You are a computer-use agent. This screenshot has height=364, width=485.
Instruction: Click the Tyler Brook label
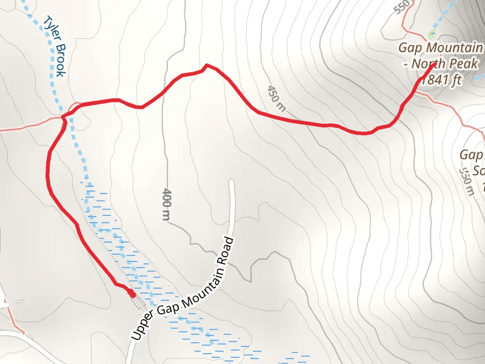(x=53, y=47)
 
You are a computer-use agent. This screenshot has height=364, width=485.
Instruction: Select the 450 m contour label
(x=275, y=99)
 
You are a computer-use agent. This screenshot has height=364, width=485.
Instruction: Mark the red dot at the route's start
(x=132, y=294)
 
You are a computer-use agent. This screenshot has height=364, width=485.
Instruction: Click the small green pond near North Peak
(x=432, y=32)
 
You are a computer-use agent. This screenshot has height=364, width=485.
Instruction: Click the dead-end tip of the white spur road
(x=231, y=181)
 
